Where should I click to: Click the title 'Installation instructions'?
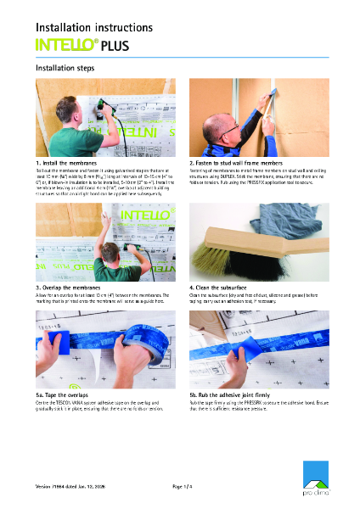(93, 27)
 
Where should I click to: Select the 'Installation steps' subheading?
(68, 68)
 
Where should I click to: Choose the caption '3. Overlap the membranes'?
(69, 288)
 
